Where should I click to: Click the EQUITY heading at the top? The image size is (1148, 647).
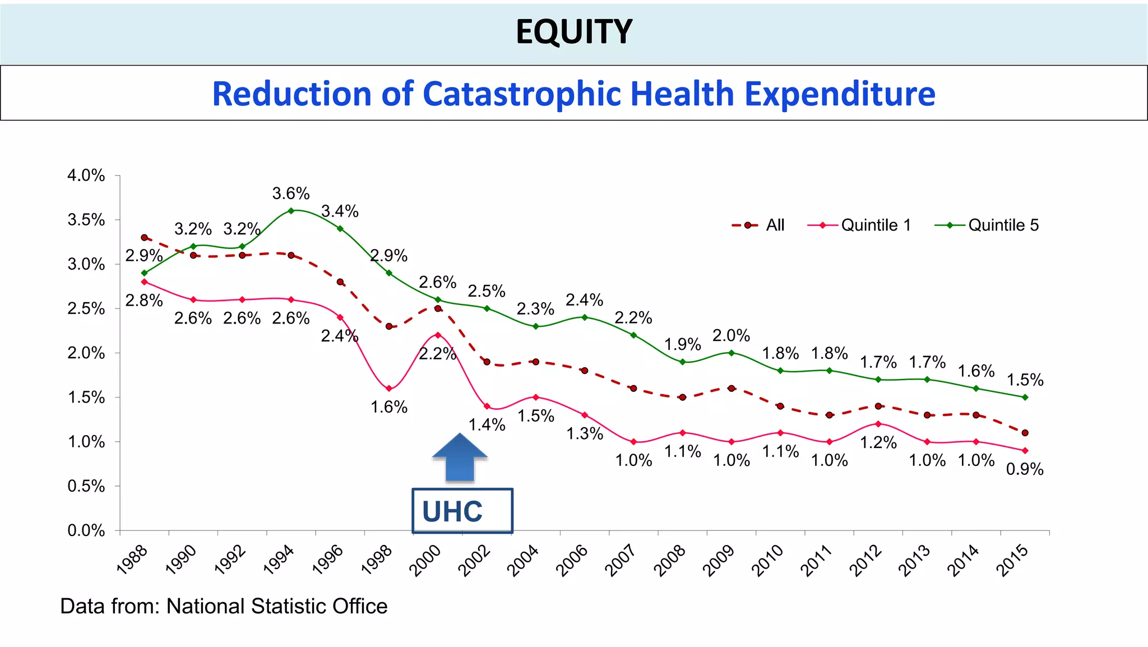coord(573,32)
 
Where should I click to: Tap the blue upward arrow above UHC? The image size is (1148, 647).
coord(460,457)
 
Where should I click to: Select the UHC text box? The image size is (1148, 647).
coord(462,511)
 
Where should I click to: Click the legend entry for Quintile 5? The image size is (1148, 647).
coord(988,225)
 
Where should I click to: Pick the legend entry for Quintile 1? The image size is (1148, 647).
coord(860,225)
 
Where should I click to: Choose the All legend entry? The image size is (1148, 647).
coord(759,225)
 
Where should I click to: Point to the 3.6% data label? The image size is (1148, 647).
coord(291,193)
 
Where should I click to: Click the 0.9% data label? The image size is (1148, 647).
coord(1025,469)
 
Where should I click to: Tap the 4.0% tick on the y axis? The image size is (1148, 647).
coord(86,175)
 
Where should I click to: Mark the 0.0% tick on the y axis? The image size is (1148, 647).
coord(86,530)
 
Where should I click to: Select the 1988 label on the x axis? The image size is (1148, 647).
coord(133,560)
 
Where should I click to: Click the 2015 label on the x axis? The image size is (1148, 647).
coord(1013,560)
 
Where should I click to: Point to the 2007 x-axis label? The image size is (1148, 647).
coord(622,560)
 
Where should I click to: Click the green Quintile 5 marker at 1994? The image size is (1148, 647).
coord(291,211)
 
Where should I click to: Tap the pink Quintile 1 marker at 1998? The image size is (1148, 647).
coord(389,389)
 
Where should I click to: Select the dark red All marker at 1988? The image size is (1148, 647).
coord(144,238)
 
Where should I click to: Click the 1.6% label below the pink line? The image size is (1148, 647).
coord(389,407)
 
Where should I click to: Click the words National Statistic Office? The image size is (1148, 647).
coord(277,607)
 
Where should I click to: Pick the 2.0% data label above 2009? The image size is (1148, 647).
coord(731,336)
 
